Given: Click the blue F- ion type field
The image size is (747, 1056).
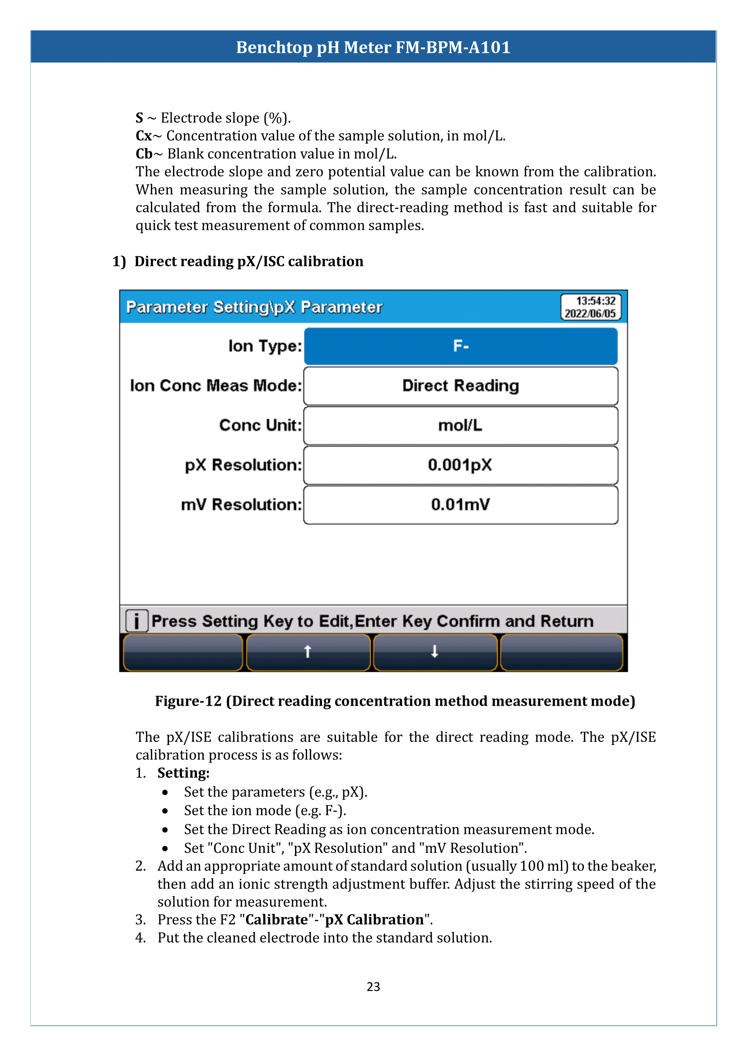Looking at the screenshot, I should (460, 346).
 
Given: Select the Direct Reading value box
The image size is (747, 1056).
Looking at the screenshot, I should (460, 386).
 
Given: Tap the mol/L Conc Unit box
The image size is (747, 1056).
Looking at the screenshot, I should (460, 425).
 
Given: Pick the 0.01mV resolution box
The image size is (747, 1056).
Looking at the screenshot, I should (460, 505).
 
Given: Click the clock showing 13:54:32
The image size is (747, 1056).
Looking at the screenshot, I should (595, 301).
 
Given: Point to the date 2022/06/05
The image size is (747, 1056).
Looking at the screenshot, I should (590, 313).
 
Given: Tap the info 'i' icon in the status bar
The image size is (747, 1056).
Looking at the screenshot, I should (136, 621).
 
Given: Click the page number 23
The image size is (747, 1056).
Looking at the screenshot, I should (373, 986).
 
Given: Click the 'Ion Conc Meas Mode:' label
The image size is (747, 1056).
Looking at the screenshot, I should (216, 386).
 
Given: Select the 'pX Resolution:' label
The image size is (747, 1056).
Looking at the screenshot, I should (243, 465).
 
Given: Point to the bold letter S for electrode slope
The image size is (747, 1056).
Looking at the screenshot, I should (140, 118).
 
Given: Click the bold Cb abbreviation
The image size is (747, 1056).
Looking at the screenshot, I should (144, 154).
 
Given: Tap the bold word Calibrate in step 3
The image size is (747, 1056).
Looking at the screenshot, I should (276, 919).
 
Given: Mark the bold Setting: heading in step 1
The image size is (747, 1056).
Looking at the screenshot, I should (183, 773).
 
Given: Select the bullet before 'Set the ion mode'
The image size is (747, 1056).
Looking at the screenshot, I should (165, 811).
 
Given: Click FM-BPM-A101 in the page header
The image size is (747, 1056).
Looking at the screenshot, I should (453, 47).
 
